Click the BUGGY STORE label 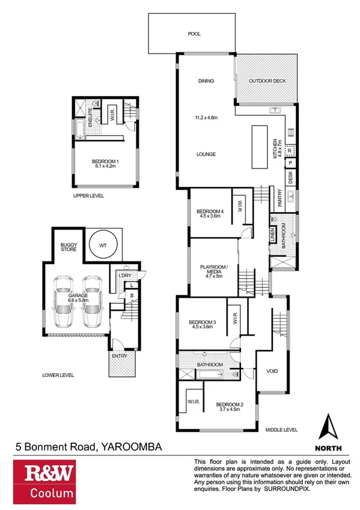click(x=67, y=248)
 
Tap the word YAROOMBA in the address click(x=132, y=447)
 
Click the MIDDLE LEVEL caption click(x=282, y=429)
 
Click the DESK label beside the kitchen click(x=290, y=177)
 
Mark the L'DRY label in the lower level click(x=124, y=275)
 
